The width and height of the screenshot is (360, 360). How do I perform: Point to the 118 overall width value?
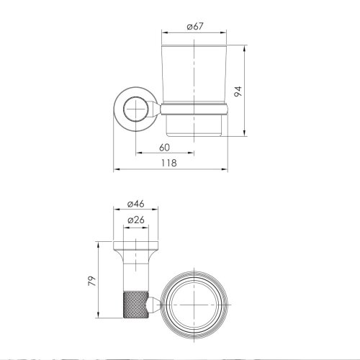point(171,163)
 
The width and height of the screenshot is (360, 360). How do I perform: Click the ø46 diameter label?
point(137,204)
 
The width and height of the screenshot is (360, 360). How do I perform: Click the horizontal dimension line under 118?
point(171,171)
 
